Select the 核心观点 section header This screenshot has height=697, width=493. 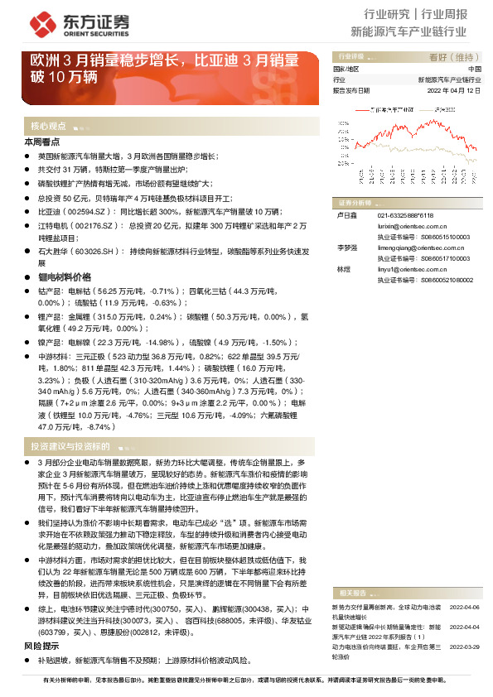(x=48, y=127)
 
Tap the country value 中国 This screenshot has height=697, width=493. (x=475, y=69)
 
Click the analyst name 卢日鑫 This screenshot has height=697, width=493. (x=345, y=214)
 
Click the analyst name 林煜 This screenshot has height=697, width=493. (x=341, y=269)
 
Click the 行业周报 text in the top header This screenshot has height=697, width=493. (x=445, y=14)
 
